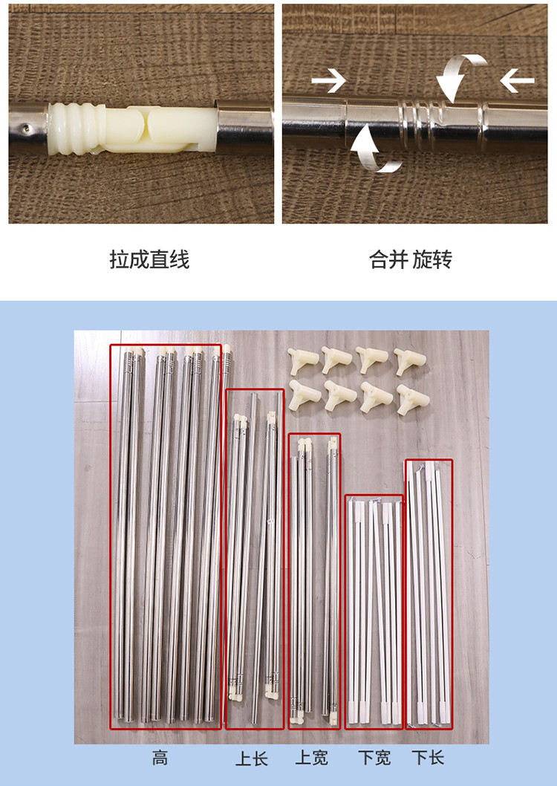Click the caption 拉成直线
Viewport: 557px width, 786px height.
pos(149,260)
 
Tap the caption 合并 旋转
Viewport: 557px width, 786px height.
pos(411,260)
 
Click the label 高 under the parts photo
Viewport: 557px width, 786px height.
pos(160,758)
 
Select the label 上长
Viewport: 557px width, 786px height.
pos(252,759)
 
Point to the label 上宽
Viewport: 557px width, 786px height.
pos(312,758)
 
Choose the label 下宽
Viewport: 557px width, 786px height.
pos(374,758)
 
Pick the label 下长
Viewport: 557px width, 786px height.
pos(428,758)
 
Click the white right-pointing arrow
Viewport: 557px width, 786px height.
pos(328,81)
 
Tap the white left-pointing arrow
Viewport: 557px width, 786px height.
pos(518,81)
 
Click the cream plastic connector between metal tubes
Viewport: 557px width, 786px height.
pos(133,129)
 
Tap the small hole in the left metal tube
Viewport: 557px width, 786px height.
pos(26,129)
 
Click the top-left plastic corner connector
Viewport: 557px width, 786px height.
pos(302,360)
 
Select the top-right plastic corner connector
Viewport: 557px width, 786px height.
pos(410,360)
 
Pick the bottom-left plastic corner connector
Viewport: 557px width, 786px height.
pos(304,395)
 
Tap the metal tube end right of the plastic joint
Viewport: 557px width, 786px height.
pos(244,126)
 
